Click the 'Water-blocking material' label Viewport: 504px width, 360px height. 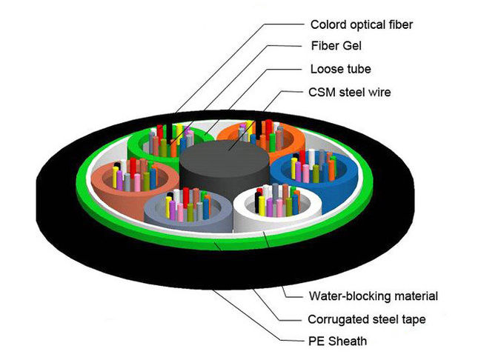click(x=373, y=296)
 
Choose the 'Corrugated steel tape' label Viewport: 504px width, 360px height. click(x=366, y=320)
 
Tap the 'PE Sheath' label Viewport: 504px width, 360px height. click(x=337, y=341)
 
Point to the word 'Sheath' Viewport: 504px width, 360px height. click(x=348, y=341)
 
